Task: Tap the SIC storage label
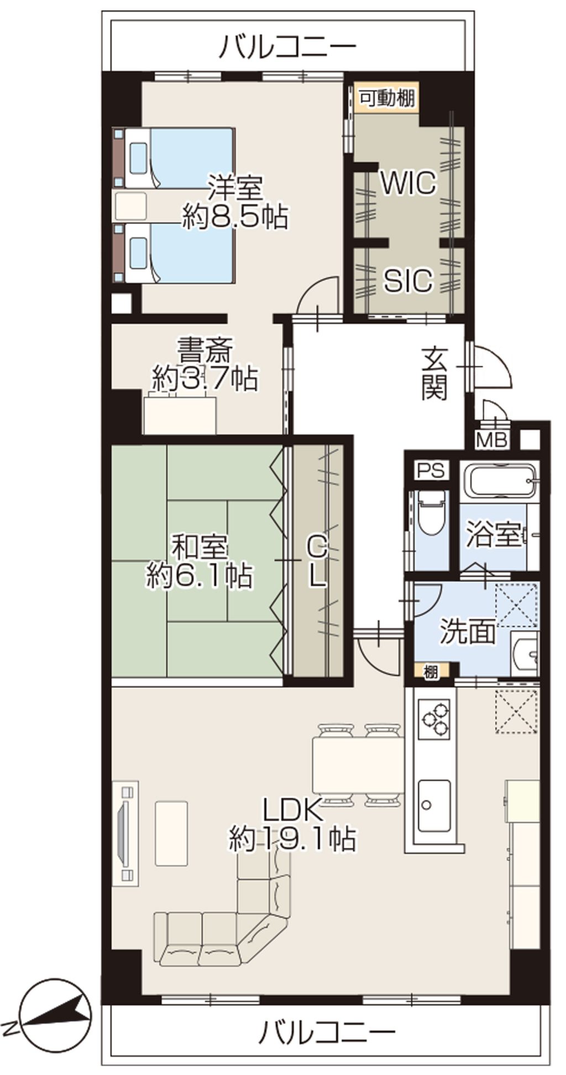[x=408, y=280]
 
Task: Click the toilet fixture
[x=431, y=512]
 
